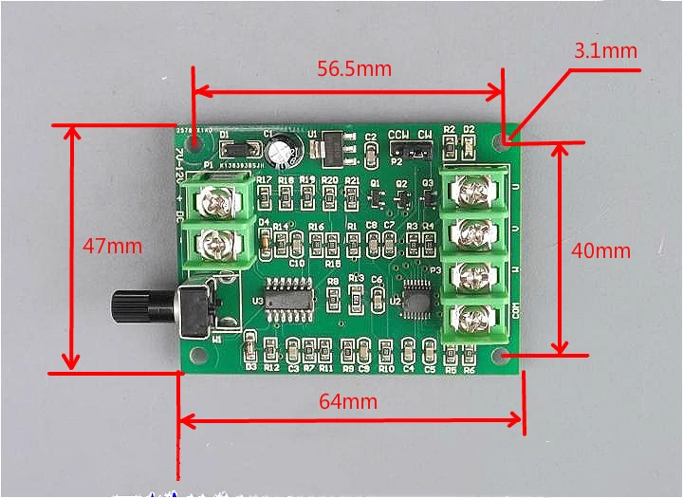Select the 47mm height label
(x=112, y=247)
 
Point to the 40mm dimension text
(x=601, y=250)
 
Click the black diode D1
(x=238, y=149)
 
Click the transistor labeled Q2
(x=403, y=196)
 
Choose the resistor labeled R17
(x=264, y=194)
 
